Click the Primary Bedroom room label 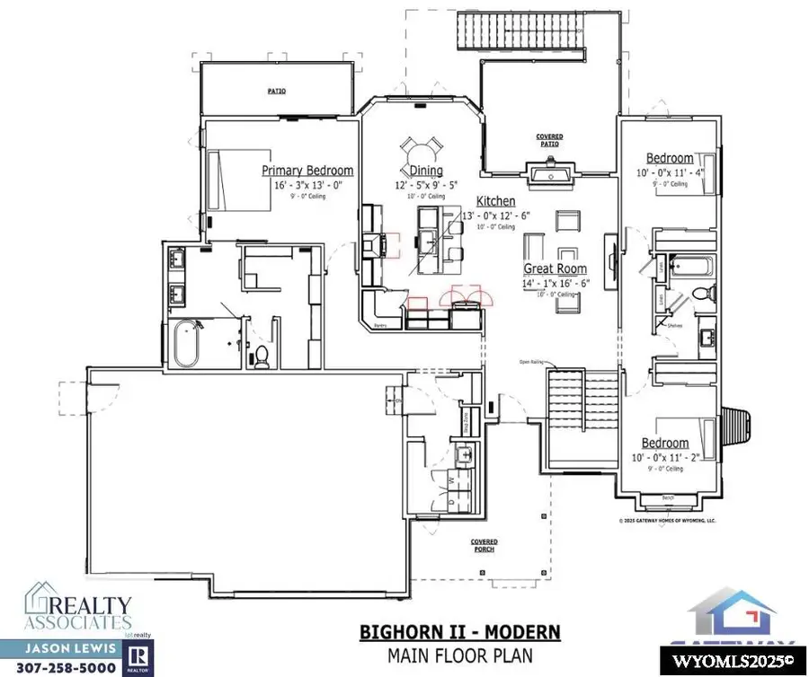pyautogui.click(x=307, y=171)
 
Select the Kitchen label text pyautogui.click(x=495, y=201)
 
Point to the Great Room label pyautogui.click(x=556, y=268)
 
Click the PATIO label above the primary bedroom pyautogui.click(x=275, y=91)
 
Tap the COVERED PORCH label pyautogui.click(x=485, y=546)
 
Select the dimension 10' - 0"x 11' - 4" pyautogui.click(x=670, y=172)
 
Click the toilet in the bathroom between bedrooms pyautogui.click(x=706, y=292)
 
